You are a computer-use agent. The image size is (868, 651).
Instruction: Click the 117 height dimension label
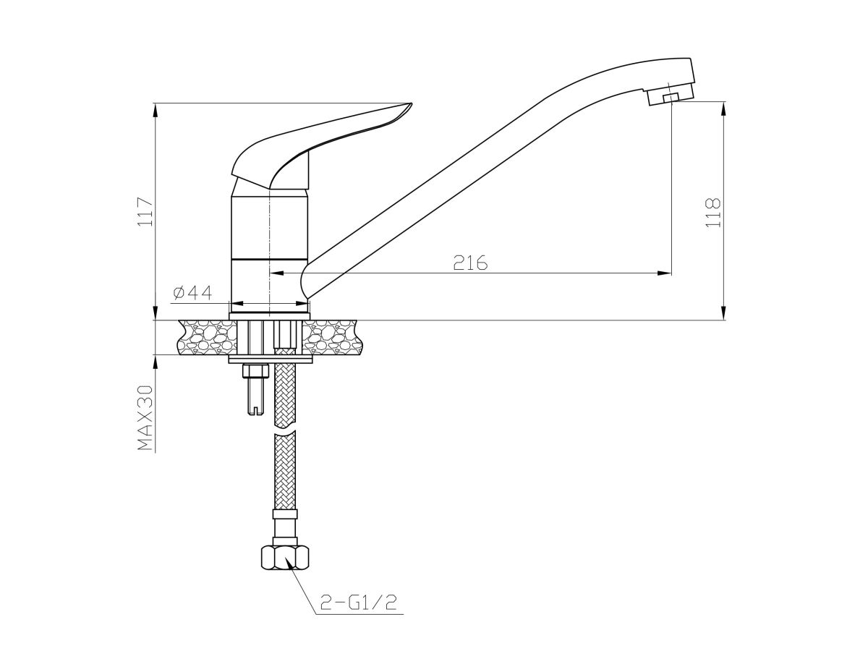[145, 211]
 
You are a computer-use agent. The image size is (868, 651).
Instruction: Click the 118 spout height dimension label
[713, 213]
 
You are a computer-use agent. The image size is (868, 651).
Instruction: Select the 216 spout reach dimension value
[470, 263]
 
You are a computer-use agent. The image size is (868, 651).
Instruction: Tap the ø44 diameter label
[192, 292]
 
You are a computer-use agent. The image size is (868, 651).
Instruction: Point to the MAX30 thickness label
[145, 418]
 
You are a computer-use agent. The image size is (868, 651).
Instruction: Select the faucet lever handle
[321, 146]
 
